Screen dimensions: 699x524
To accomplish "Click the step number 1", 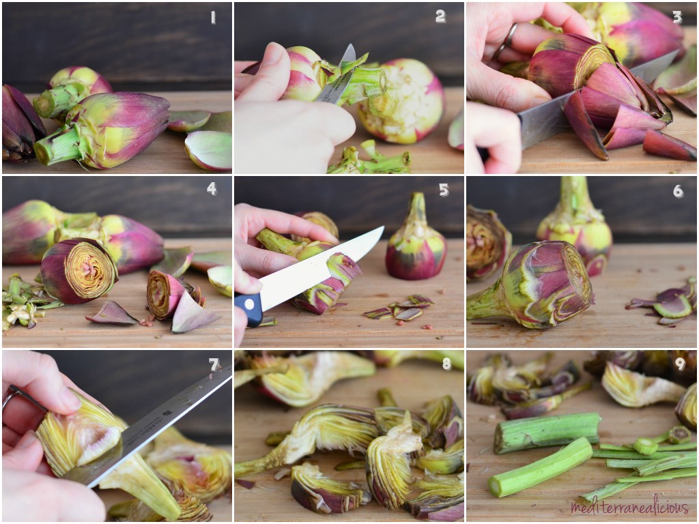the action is pyautogui.click(x=213, y=17).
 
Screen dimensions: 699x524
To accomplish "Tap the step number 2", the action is pyautogui.click(x=440, y=16).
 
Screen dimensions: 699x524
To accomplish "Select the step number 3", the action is pyautogui.click(x=677, y=17).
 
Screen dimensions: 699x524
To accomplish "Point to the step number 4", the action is pyautogui.click(x=212, y=189).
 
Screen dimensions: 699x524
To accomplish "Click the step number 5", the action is pyautogui.click(x=444, y=190).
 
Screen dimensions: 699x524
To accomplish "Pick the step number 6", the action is pyautogui.click(x=678, y=191).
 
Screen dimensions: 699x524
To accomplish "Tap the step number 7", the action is pyautogui.click(x=214, y=364).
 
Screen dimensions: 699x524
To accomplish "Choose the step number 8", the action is pyautogui.click(x=446, y=364).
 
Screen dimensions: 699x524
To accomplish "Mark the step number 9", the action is pyautogui.click(x=680, y=364).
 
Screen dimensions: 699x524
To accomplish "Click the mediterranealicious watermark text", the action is pyautogui.click(x=629, y=506).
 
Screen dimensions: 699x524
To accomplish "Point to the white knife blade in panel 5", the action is pyautogui.click(x=320, y=268).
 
